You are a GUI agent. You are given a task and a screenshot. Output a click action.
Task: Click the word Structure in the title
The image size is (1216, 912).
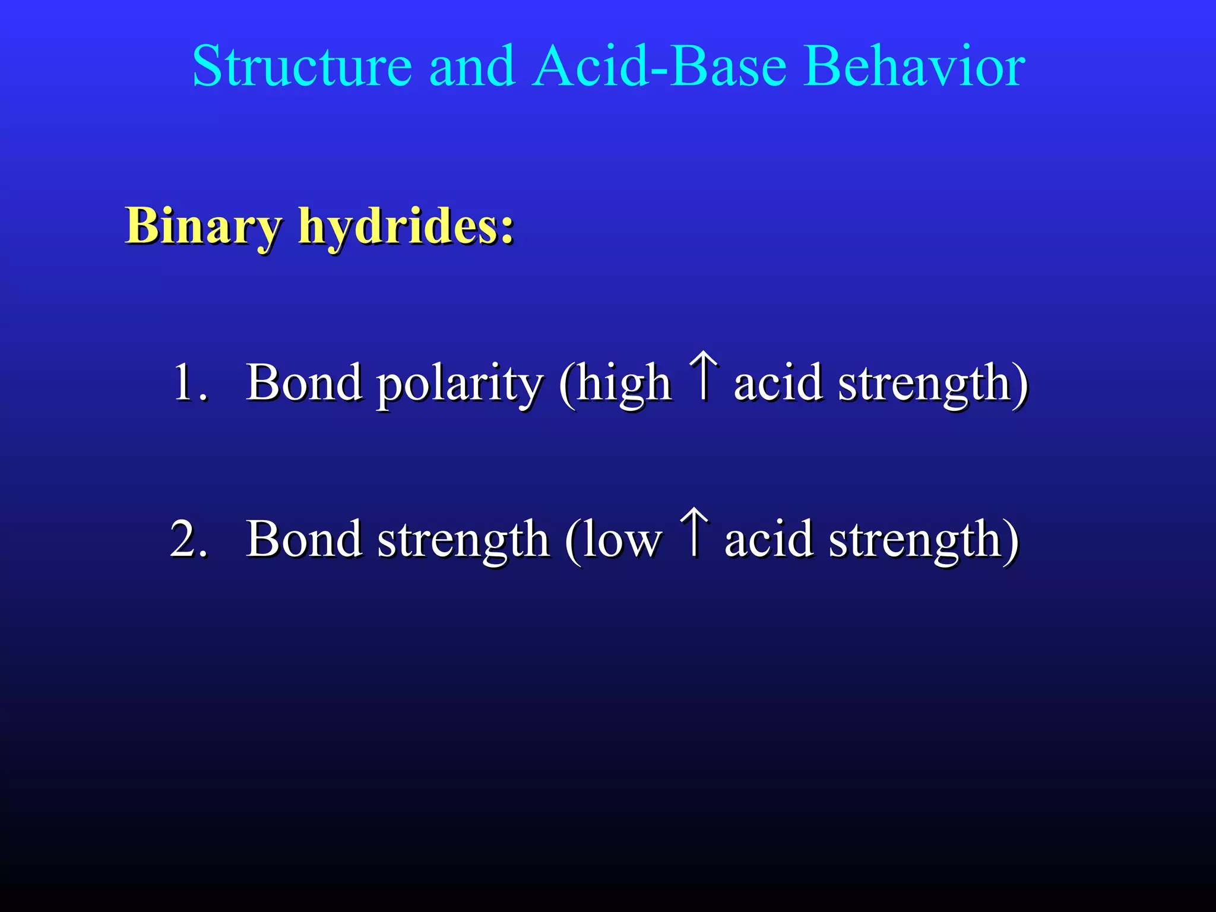click(x=302, y=66)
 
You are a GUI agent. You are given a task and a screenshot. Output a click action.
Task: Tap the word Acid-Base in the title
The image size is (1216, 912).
click(x=659, y=66)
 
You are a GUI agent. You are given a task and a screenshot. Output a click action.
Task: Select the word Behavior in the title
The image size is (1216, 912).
click(x=914, y=66)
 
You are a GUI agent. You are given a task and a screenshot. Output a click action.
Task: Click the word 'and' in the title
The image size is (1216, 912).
click(x=471, y=66)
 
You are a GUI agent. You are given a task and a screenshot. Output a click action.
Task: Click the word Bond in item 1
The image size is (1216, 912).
click(x=304, y=383)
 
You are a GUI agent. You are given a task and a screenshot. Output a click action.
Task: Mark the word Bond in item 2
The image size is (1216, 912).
click(x=304, y=539)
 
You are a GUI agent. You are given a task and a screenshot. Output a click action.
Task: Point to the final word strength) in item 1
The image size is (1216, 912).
click(x=932, y=385)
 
